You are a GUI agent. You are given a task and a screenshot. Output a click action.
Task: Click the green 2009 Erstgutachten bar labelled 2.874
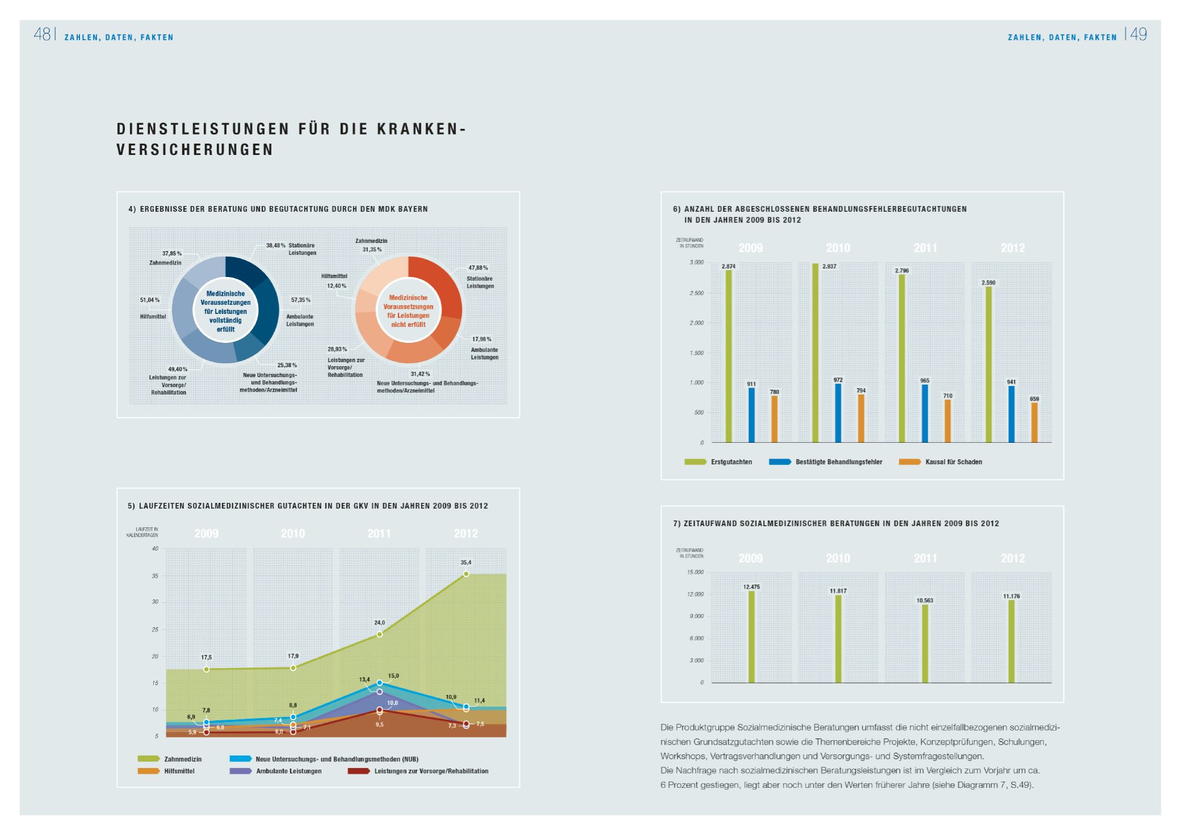pos(728,356)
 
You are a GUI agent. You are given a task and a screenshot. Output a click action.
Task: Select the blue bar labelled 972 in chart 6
pos(838,413)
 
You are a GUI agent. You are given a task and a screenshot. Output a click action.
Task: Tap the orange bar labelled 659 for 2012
pos(1035,422)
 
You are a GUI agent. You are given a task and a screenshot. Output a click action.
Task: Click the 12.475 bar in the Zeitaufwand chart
pos(751,636)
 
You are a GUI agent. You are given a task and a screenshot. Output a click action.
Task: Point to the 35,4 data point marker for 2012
pos(466,574)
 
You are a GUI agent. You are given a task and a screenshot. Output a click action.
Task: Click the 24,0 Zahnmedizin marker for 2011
pos(379,634)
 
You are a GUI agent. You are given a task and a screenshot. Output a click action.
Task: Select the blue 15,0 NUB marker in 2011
pos(379,683)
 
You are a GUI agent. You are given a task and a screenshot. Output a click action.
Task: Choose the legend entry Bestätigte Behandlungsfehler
pos(839,462)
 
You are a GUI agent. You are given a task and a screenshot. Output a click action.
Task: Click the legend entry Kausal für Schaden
pos(953,462)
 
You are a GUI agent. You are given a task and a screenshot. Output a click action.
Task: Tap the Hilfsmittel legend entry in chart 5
pos(179,771)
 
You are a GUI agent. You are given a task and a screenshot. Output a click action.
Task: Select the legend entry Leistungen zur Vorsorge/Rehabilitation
pos(431,771)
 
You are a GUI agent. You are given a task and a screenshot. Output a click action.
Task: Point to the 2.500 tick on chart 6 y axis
pos(696,293)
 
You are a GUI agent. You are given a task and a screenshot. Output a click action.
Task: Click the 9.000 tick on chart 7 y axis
pos(696,616)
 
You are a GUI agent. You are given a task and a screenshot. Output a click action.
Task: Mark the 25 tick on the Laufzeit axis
pos(155,630)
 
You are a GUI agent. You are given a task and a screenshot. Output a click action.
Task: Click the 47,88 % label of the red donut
pos(478,267)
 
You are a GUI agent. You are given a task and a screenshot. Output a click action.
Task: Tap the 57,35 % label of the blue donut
pos(301,300)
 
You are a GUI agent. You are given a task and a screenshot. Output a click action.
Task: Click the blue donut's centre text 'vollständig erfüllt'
pos(225,325)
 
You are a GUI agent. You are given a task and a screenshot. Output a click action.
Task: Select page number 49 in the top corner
pos(1138,35)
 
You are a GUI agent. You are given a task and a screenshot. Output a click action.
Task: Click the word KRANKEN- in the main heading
pos(421,129)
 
